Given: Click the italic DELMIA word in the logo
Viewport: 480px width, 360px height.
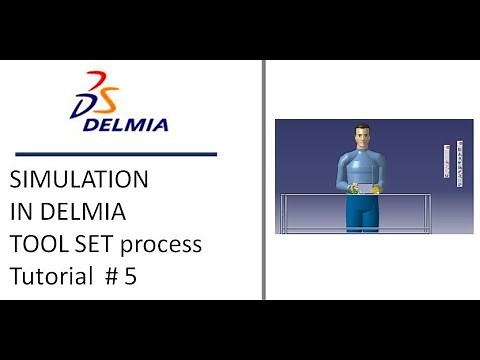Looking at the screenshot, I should coord(125,124).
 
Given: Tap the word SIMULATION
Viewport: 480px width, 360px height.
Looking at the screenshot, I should coord(79,181).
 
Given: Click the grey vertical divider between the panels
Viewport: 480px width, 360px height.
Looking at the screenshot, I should coord(263,180).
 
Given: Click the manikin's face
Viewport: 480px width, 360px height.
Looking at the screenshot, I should coord(360,139).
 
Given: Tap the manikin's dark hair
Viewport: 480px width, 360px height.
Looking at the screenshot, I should coord(360,128).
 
